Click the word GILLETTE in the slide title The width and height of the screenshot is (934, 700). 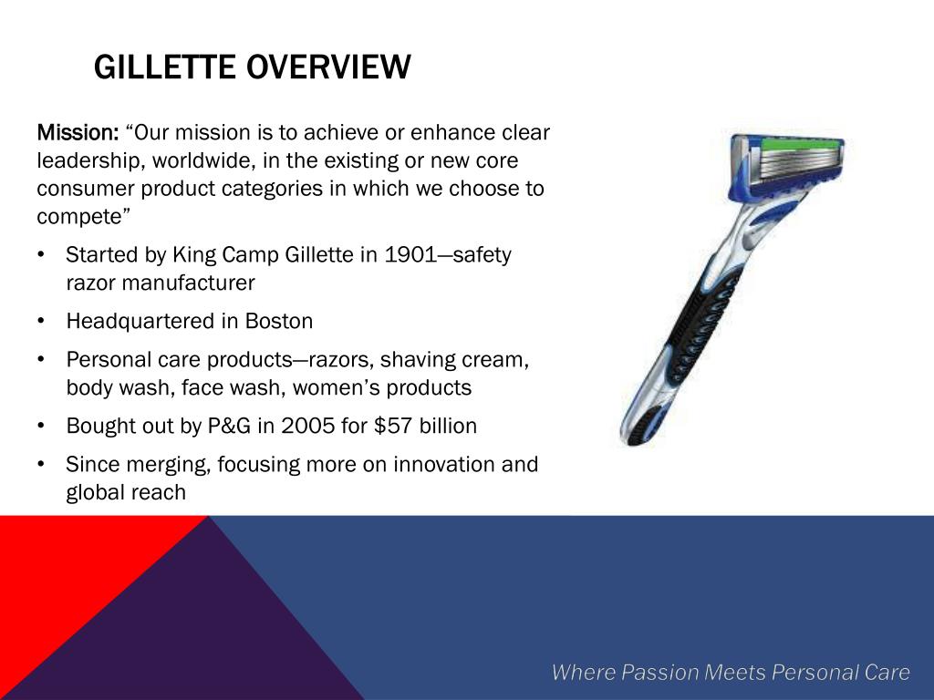(x=169, y=67)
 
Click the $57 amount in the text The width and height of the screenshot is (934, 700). (x=392, y=426)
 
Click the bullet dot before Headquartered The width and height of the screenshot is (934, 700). (x=42, y=322)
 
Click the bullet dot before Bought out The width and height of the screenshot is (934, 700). (x=42, y=427)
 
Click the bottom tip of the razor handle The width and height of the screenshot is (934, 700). (x=633, y=436)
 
